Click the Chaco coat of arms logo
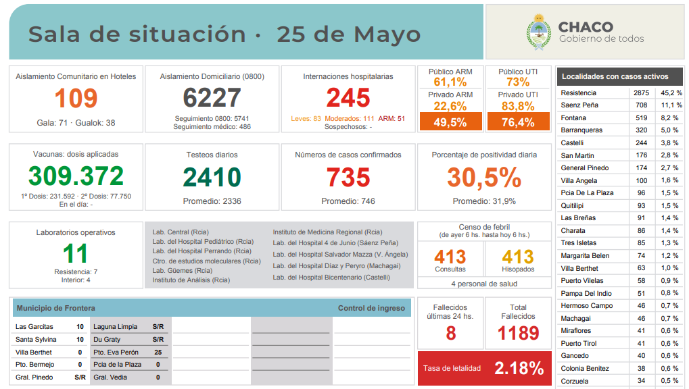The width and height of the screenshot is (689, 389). pyautogui.click(x=539, y=32)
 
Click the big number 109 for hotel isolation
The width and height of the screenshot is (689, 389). pyautogui.click(x=76, y=99)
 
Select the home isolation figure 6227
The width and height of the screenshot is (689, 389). pyautogui.click(x=212, y=99)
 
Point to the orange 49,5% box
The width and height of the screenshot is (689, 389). pyautogui.click(x=450, y=122)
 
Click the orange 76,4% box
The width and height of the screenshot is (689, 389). pyautogui.click(x=518, y=122)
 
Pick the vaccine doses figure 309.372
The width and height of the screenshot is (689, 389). pyautogui.click(x=76, y=176)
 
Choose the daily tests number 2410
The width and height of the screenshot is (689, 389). pyautogui.click(x=212, y=178)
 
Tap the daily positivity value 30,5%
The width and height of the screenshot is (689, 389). pyautogui.click(x=483, y=178)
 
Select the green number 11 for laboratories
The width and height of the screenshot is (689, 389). pyautogui.click(x=76, y=254)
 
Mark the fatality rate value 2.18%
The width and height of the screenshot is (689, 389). pyautogui.click(x=519, y=369)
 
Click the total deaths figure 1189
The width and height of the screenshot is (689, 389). pyautogui.click(x=518, y=333)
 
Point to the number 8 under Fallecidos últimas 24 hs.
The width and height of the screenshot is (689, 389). pyautogui.click(x=451, y=333)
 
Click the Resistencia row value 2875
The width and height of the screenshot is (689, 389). pyautogui.click(x=641, y=93)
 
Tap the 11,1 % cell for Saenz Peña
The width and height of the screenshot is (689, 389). pyautogui.click(x=671, y=105)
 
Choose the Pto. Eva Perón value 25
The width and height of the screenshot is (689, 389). pyautogui.click(x=158, y=352)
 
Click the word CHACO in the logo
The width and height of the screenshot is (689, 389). pyautogui.click(x=586, y=27)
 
